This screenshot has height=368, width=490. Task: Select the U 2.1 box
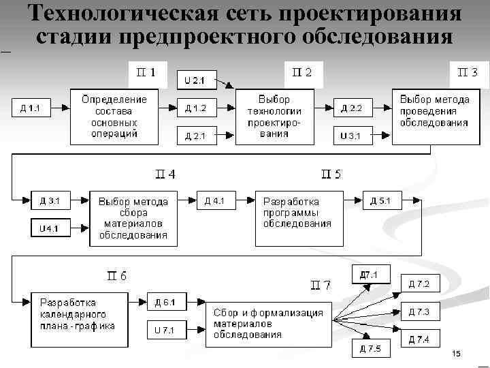[x=195, y=80]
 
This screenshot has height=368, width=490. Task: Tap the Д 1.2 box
[x=195, y=108]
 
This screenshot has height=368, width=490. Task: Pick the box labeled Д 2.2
[x=353, y=108]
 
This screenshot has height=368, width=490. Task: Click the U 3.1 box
[x=352, y=136]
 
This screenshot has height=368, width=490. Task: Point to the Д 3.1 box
[x=50, y=200]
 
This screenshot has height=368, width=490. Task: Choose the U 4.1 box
[x=50, y=228]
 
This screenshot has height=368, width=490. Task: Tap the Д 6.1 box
[x=165, y=302]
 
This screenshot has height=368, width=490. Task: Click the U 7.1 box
[x=165, y=331]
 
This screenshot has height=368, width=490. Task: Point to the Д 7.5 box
[x=371, y=350]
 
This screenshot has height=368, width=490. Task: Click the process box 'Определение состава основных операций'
[x=114, y=116]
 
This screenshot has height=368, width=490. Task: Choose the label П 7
[x=321, y=285]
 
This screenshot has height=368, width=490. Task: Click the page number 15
[x=456, y=354]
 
